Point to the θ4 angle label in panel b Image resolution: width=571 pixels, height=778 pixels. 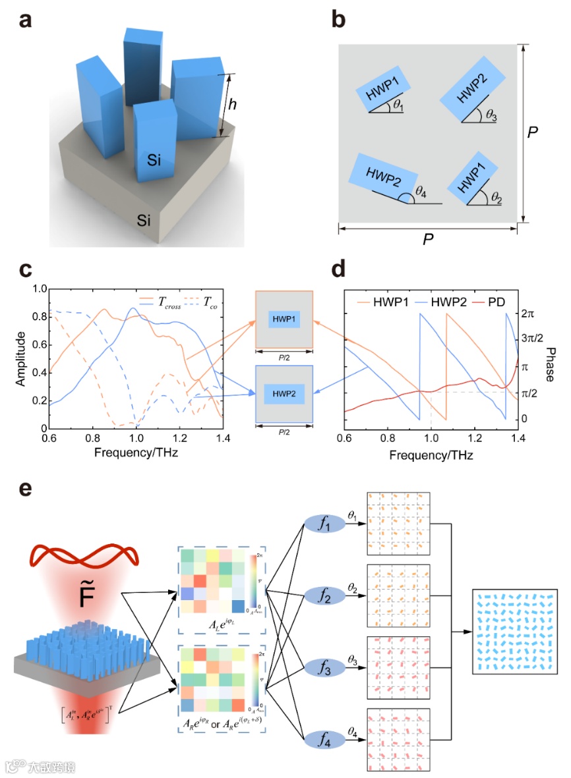click(x=421, y=193)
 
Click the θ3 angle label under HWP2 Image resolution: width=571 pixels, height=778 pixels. click(x=491, y=115)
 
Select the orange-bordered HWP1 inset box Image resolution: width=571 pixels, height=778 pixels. click(x=284, y=320)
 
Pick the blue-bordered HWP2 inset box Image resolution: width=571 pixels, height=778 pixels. click(x=284, y=395)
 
